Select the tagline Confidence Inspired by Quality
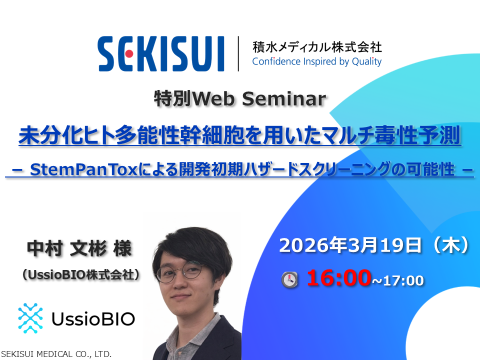pos(316,61)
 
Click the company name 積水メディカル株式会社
pos(317,47)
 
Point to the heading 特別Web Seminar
pos(240,99)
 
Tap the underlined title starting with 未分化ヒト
pos(240,136)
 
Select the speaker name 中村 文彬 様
pos(80,248)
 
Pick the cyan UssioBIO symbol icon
pos(30,318)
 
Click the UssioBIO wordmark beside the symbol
pos(93,318)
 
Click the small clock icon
pos(289,279)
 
